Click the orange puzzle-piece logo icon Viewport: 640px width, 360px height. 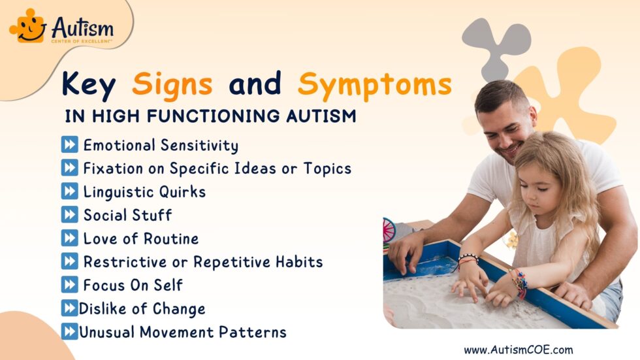click(28, 26)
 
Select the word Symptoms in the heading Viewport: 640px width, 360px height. click(375, 84)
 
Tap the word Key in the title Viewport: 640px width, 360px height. click(89, 84)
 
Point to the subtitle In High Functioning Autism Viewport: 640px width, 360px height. click(211, 117)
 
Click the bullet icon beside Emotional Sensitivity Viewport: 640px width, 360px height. click(70, 145)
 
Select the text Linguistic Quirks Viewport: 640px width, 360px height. click(144, 192)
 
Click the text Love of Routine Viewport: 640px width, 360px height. click(140, 238)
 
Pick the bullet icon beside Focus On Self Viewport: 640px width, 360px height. click(70, 285)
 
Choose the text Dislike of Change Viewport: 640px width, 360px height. click(142, 308)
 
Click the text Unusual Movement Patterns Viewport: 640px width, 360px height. click(182, 332)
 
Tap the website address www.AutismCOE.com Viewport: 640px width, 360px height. click(518, 350)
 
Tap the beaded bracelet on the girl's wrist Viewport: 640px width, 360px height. click(468, 259)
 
